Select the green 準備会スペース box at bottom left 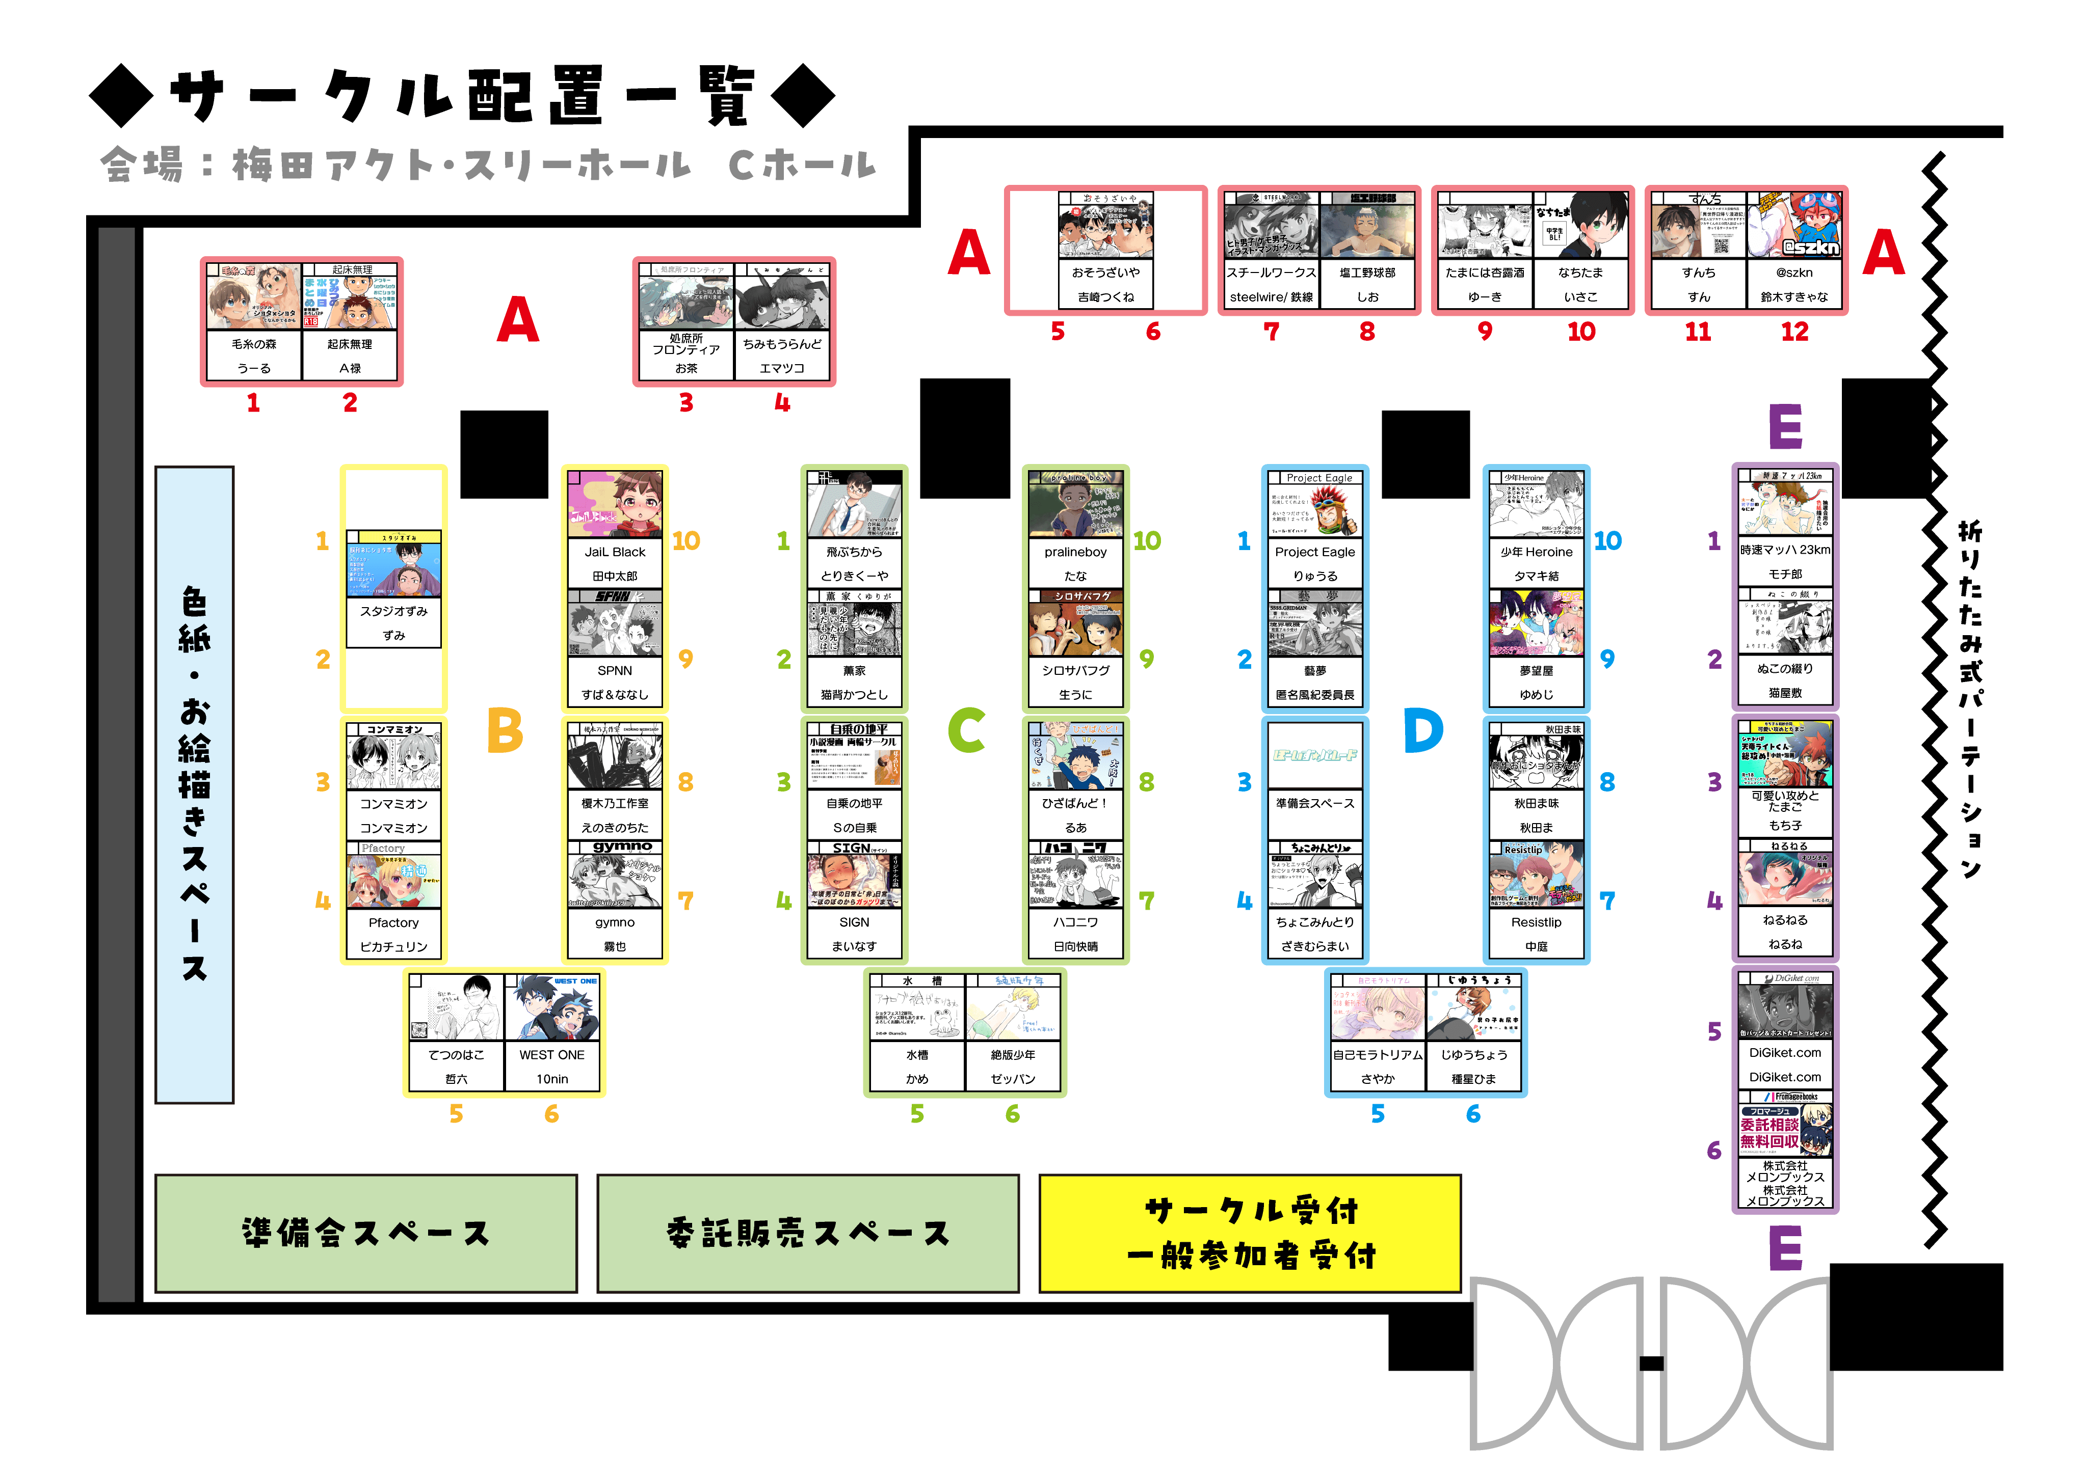365,1233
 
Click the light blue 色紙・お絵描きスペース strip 194,785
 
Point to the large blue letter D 1423,730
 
